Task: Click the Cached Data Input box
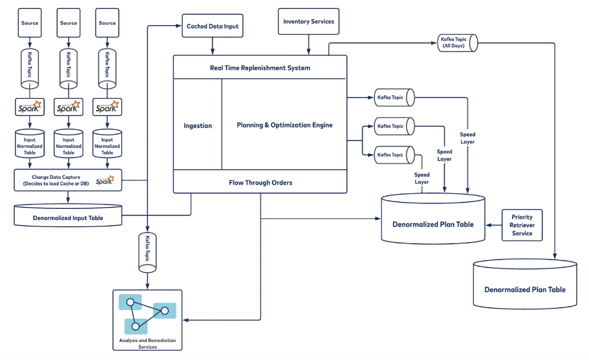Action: [x=213, y=25]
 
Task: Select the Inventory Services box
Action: [x=308, y=21]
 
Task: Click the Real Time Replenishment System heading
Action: [x=260, y=68]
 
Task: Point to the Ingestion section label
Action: [x=198, y=125]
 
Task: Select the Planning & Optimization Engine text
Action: [x=285, y=125]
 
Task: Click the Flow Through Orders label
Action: [x=260, y=182]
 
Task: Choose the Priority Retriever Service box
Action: [x=522, y=225]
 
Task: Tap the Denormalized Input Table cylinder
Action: [x=68, y=217]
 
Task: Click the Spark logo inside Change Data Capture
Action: [x=105, y=181]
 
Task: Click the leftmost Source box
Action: [x=30, y=23]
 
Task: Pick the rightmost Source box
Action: [x=107, y=23]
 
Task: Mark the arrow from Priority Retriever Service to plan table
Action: [x=494, y=225]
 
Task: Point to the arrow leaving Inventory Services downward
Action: [x=308, y=45]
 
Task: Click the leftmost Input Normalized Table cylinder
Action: [x=30, y=145]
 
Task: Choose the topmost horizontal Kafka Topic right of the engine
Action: [x=392, y=97]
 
